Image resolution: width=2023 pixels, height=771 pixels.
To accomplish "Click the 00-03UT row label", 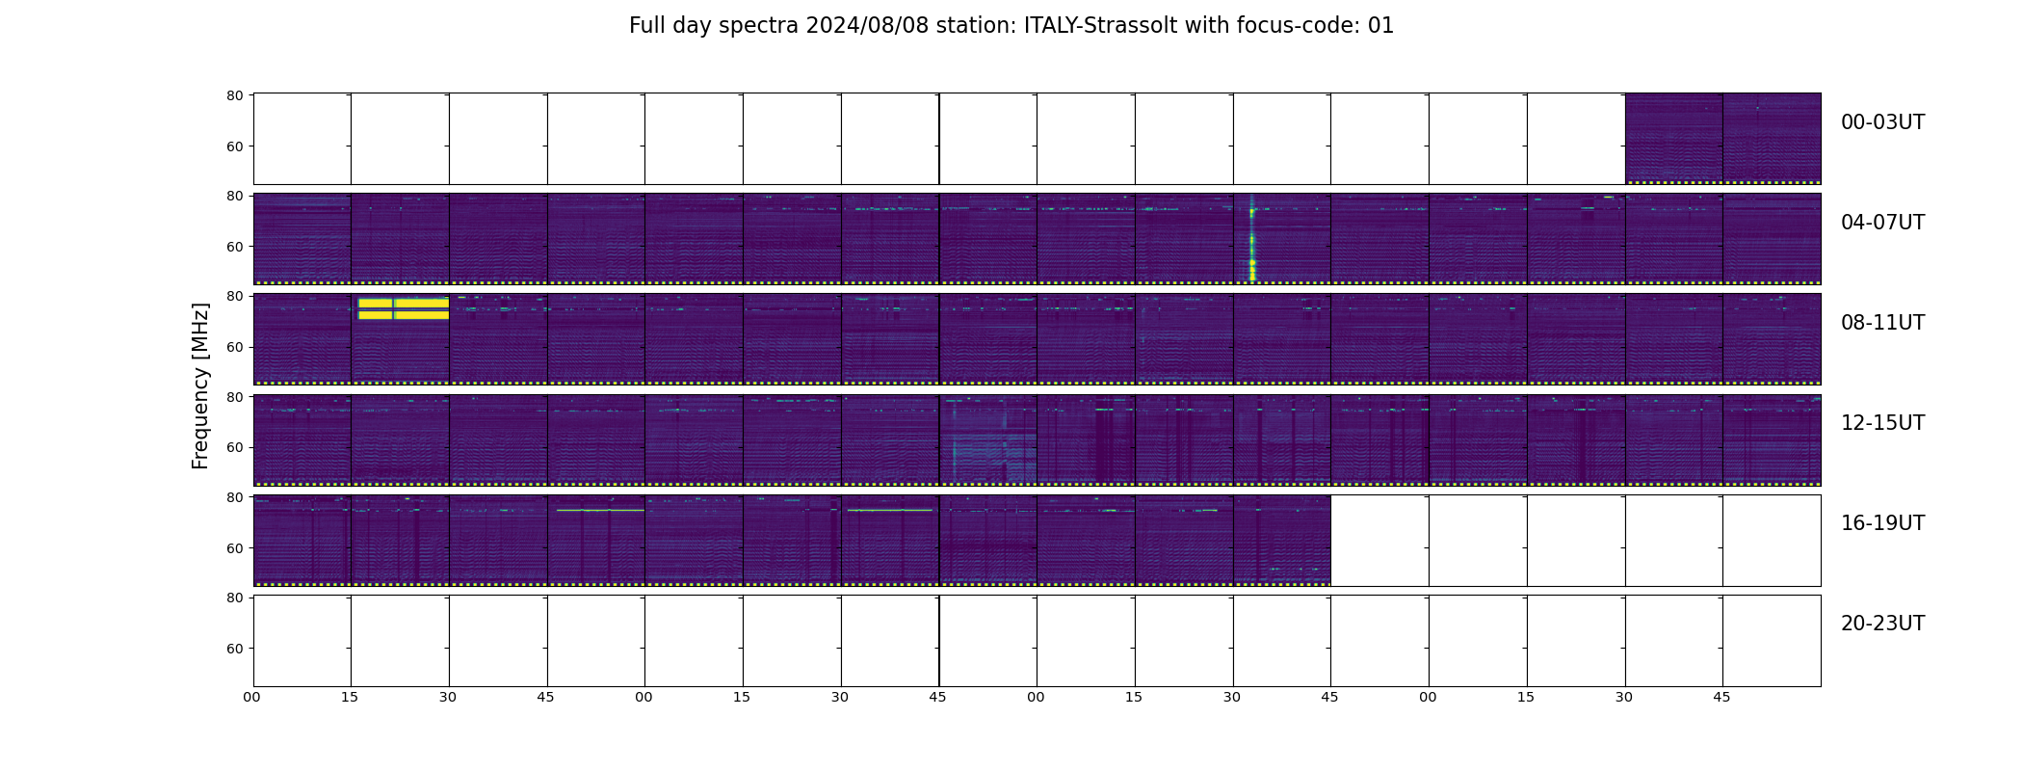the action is click(x=1882, y=122).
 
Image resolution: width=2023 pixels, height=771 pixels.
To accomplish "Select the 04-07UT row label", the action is click(x=1882, y=223).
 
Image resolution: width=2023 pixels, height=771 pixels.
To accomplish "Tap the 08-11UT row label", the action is click(x=1882, y=323).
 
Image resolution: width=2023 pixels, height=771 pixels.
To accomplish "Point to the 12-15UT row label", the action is click(x=1882, y=423).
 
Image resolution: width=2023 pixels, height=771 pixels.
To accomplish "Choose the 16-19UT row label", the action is click(x=1882, y=523).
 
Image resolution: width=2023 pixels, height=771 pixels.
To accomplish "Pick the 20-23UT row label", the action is click(x=1882, y=624).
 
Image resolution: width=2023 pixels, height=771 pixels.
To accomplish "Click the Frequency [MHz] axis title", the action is click(x=200, y=385).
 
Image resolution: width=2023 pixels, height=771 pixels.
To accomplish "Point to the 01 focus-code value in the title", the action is click(x=1380, y=26).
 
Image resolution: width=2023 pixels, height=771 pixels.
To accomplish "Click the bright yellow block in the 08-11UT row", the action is click(x=403, y=308).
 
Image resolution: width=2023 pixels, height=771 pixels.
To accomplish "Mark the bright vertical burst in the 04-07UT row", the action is click(x=1252, y=238).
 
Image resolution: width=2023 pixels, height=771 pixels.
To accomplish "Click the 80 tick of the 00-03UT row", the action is click(x=234, y=95).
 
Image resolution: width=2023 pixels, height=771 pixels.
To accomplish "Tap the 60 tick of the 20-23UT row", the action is click(x=234, y=649).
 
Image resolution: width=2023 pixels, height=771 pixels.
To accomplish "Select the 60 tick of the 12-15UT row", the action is click(x=234, y=447).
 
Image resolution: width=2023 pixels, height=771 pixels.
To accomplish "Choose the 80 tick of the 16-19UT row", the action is click(x=234, y=497).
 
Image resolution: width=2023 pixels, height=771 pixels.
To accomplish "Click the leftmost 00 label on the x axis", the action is click(x=251, y=697).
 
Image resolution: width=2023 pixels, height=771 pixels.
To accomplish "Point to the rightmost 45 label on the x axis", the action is click(x=1721, y=697).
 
